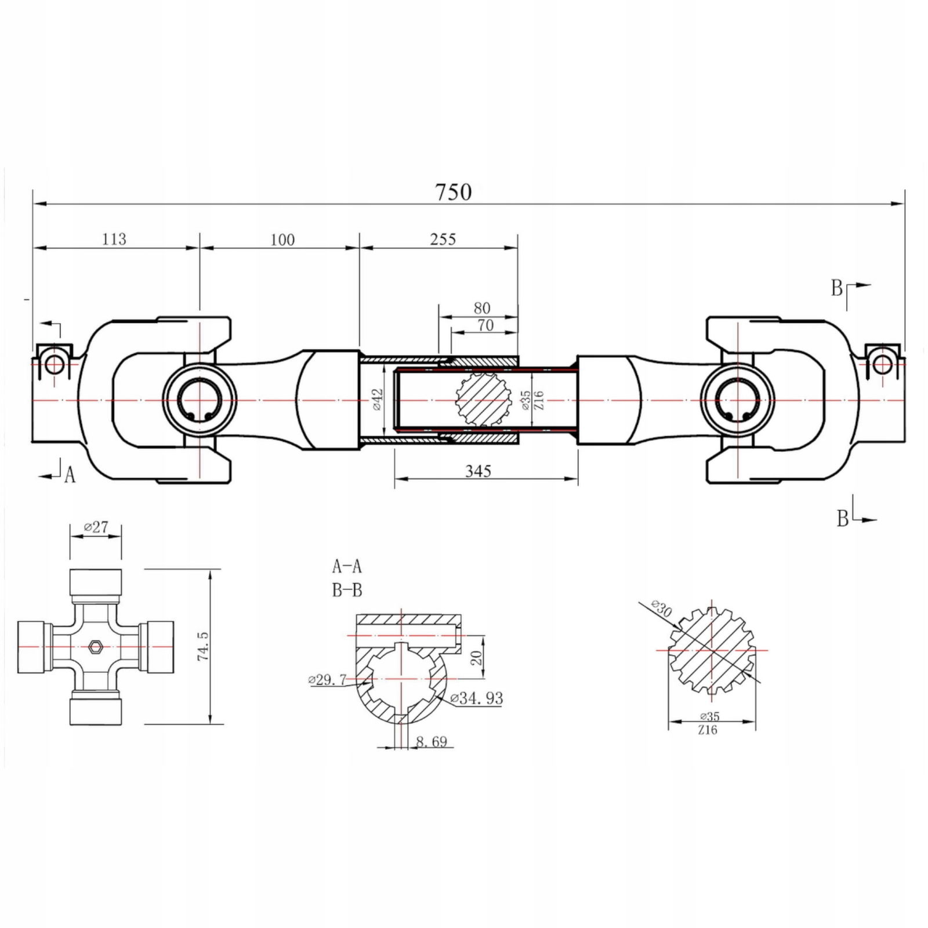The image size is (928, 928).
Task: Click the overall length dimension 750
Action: pyautogui.click(x=454, y=192)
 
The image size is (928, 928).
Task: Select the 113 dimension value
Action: pyautogui.click(x=114, y=239)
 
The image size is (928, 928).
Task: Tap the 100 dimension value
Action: pyautogui.click(x=282, y=240)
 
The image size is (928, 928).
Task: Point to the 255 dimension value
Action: pyautogui.click(x=443, y=239)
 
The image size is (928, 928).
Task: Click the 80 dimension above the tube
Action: pyautogui.click(x=482, y=308)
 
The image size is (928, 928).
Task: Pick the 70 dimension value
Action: pyautogui.click(x=485, y=325)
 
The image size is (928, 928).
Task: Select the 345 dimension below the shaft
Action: pyautogui.click(x=478, y=471)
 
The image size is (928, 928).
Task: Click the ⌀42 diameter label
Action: pyautogui.click(x=377, y=400)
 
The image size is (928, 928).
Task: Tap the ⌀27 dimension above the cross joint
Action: pyautogui.click(x=96, y=527)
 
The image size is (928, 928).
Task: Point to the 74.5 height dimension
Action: pyautogui.click(x=202, y=646)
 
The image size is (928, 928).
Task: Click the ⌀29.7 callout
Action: pyautogui.click(x=327, y=680)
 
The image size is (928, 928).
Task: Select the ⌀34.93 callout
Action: pyautogui.click(x=476, y=698)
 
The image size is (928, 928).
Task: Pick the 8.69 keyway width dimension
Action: pyautogui.click(x=432, y=741)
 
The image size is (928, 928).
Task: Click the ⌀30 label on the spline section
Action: pyautogui.click(x=661, y=608)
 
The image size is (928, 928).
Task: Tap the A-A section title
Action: pyautogui.click(x=347, y=565)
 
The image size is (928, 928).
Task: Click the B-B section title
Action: pyautogui.click(x=347, y=590)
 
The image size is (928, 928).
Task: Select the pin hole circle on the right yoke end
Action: pyautogui.click(x=882, y=364)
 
